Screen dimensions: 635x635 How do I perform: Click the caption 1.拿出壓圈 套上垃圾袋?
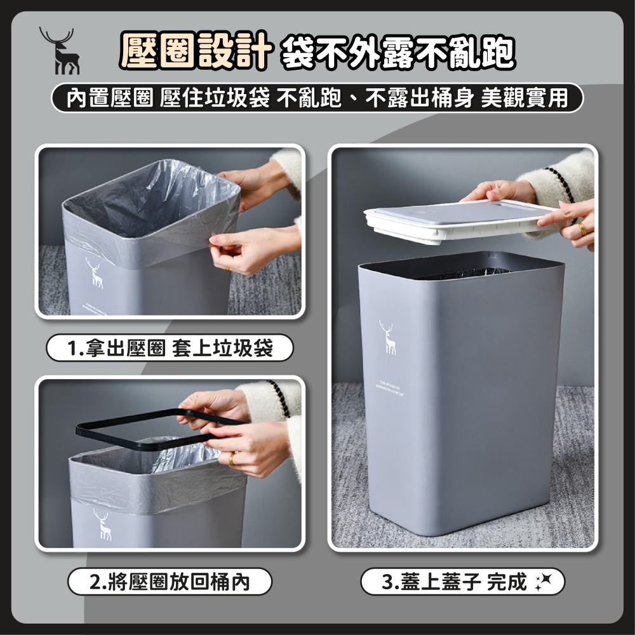tap(170, 348)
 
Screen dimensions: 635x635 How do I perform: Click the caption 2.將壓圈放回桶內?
tap(170, 581)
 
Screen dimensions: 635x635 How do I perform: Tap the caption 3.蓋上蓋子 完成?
tap(455, 581)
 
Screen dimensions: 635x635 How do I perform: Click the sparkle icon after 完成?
tap(544, 581)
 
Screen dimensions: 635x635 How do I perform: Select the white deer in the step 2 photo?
tap(102, 524)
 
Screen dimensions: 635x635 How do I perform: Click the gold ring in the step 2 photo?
tap(232, 457)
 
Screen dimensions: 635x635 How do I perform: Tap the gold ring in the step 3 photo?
tap(582, 229)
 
